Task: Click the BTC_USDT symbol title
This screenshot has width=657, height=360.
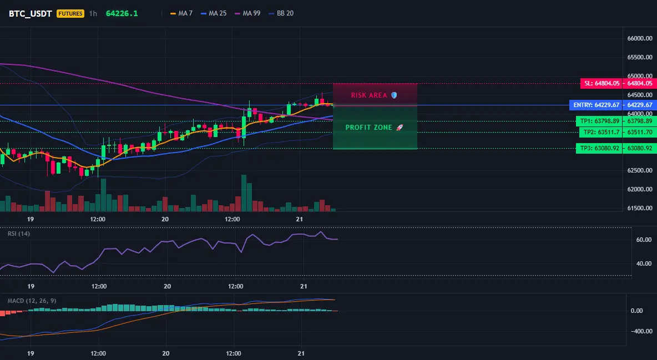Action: [30, 13]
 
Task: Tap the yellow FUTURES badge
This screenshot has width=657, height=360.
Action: [70, 13]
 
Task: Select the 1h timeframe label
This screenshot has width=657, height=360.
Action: [93, 13]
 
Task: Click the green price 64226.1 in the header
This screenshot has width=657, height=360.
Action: [122, 13]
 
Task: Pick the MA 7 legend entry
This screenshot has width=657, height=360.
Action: [181, 13]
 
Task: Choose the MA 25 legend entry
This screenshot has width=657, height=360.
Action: [214, 13]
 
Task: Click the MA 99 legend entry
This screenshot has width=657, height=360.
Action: [247, 13]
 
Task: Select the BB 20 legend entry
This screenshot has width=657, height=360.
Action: [281, 13]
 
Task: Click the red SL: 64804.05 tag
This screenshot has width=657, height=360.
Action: [602, 83]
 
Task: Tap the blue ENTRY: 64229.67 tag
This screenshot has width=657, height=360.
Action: [596, 105]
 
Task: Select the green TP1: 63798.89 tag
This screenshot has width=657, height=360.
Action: [599, 121]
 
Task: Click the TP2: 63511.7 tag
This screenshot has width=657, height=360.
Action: [600, 133]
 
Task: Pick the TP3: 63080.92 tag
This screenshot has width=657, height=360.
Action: [599, 148]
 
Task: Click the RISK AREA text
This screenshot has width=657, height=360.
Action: [369, 95]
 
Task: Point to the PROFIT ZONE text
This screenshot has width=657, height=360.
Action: [368, 128]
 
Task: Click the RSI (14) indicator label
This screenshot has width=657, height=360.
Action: [19, 234]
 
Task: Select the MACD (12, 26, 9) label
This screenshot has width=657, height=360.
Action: [32, 301]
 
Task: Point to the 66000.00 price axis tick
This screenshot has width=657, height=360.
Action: [640, 39]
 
